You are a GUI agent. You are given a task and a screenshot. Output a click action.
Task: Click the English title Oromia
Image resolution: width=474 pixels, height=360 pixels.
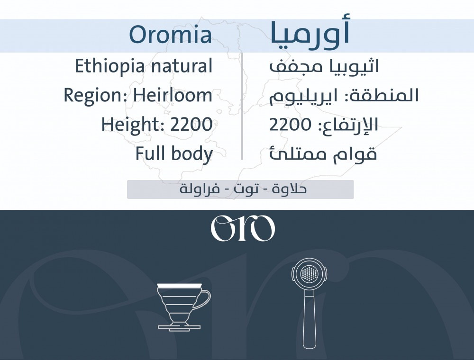point(171,35)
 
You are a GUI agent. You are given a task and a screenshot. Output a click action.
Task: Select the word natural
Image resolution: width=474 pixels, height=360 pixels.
point(182,66)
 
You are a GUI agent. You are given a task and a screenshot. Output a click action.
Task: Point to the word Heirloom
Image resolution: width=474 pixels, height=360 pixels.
point(173,95)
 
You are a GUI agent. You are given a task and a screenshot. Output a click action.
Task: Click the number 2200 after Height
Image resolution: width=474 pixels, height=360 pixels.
point(191,125)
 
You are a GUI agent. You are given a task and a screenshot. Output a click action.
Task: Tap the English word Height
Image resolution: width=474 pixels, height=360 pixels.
point(133,125)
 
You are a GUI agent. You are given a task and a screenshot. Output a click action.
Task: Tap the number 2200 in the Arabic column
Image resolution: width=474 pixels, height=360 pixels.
point(290,125)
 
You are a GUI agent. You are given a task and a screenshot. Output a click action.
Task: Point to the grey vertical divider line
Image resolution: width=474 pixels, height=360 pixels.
point(242,106)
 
